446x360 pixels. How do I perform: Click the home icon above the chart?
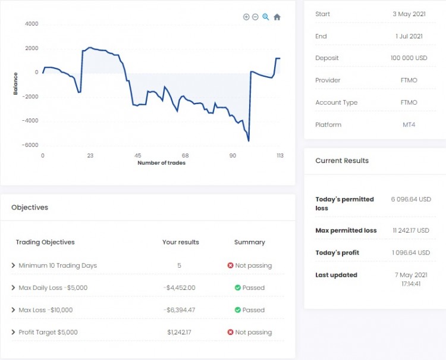pos(277,17)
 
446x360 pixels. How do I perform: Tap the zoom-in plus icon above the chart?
pos(246,17)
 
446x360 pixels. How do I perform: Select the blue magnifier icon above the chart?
pos(266,17)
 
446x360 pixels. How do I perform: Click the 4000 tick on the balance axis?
pos(31,24)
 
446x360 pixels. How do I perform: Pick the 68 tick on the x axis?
pos(185,155)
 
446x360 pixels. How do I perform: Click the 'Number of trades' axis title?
pos(161,163)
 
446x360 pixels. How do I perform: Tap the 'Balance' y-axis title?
pos(15,83)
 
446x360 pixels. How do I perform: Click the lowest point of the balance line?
pos(249,141)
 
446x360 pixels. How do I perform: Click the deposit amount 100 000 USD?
pos(409,58)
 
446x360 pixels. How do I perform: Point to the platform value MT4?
pos(409,125)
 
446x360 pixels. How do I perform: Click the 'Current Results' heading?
pos(342,161)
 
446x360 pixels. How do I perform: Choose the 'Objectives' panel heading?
pos(30,208)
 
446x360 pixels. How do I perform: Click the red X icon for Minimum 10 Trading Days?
pos(230,265)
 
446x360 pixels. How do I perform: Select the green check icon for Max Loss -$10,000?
pos(237,310)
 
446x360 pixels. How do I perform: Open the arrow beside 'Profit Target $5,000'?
pos(14,332)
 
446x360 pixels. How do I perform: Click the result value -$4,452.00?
pos(180,288)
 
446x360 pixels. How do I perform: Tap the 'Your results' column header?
pos(180,242)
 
